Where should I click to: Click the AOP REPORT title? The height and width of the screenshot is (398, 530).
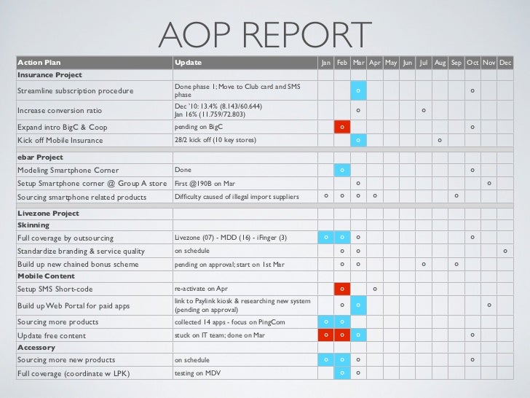click(265, 34)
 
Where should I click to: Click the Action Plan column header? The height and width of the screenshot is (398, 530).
click(39, 63)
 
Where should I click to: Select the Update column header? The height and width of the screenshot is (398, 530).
click(188, 63)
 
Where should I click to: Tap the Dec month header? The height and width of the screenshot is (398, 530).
click(506, 63)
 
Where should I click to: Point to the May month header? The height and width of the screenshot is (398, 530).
click(391, 63)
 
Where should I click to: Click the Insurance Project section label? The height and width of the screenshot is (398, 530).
click(50, 75)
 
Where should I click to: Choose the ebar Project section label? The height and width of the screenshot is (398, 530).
click(40, 157)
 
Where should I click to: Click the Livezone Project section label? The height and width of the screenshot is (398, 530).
click(48, 213)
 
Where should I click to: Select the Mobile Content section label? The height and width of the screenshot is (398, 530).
click(45, 276)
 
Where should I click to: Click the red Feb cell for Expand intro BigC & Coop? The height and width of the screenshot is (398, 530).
click(342, 127)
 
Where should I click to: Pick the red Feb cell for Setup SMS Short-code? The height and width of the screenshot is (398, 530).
click(342, 289)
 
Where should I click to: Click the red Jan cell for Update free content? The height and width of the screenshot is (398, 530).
click(325, 335)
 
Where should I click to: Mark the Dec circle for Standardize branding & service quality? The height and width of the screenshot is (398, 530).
click(506, 251)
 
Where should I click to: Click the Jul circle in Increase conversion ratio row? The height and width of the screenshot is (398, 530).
click(424, 111)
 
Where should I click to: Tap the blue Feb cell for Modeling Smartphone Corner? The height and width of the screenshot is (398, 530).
click(342, 170)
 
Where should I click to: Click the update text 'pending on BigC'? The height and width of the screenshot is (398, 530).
click(197, 127)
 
